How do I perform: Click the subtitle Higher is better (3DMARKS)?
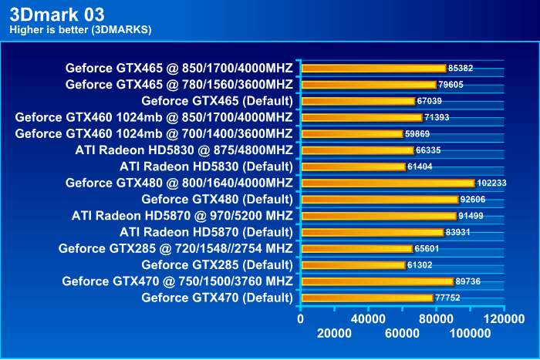80,30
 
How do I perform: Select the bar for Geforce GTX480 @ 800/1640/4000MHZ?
387,183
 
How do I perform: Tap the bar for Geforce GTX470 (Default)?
367,298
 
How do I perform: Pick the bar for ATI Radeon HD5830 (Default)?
353,167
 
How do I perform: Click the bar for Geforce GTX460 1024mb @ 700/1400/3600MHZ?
352,133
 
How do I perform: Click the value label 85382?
461,68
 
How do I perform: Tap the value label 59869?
418,133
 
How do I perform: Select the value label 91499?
471,216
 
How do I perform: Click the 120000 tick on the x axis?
505,317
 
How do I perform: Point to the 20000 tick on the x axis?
335,333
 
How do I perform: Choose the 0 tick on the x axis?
301,317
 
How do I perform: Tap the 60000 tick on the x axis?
403,333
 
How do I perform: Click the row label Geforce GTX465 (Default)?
217,101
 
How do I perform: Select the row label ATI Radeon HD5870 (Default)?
206,232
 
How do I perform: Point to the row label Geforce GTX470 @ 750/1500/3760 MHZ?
177,281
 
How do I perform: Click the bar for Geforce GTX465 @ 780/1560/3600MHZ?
368,85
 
